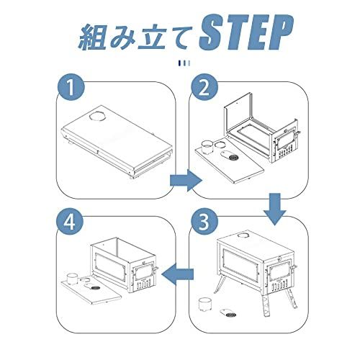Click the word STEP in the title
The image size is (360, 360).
[243, 32]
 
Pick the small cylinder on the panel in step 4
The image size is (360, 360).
[71, 279]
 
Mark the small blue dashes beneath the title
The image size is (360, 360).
[180, 63]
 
